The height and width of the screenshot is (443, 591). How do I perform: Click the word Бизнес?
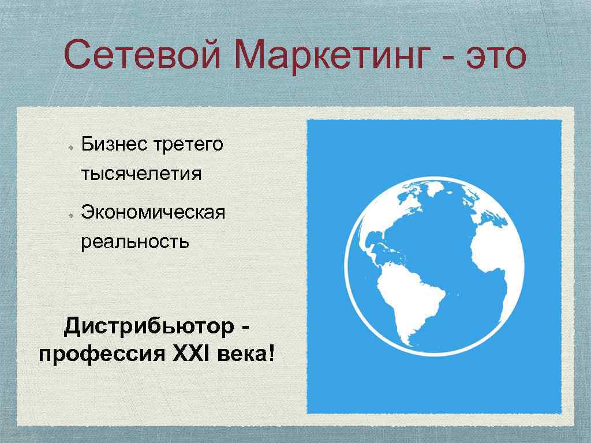(113, 144)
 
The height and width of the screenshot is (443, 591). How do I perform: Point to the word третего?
(188, 145)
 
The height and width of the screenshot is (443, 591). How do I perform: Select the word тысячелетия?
(141, 174)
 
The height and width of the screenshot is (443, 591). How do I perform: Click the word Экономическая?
(153, 212)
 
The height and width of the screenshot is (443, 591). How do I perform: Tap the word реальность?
(134, 241)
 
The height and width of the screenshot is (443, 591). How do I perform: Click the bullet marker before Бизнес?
(69, 147)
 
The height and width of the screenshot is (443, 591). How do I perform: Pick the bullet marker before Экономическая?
(69, 214)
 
